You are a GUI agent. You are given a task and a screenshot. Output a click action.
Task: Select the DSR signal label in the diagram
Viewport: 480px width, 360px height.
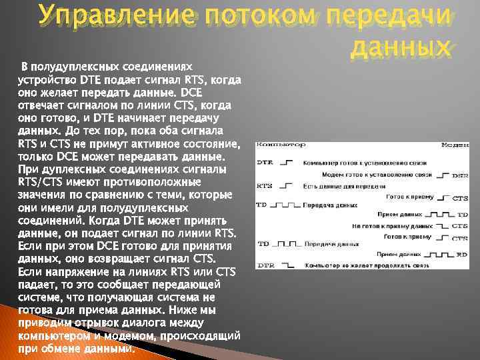tap(459, 175)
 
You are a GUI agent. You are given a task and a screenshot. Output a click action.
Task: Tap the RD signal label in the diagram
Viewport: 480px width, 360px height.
tap(462, 255)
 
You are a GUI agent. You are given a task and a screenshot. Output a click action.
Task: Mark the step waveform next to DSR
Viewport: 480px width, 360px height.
tap(441, 175)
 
